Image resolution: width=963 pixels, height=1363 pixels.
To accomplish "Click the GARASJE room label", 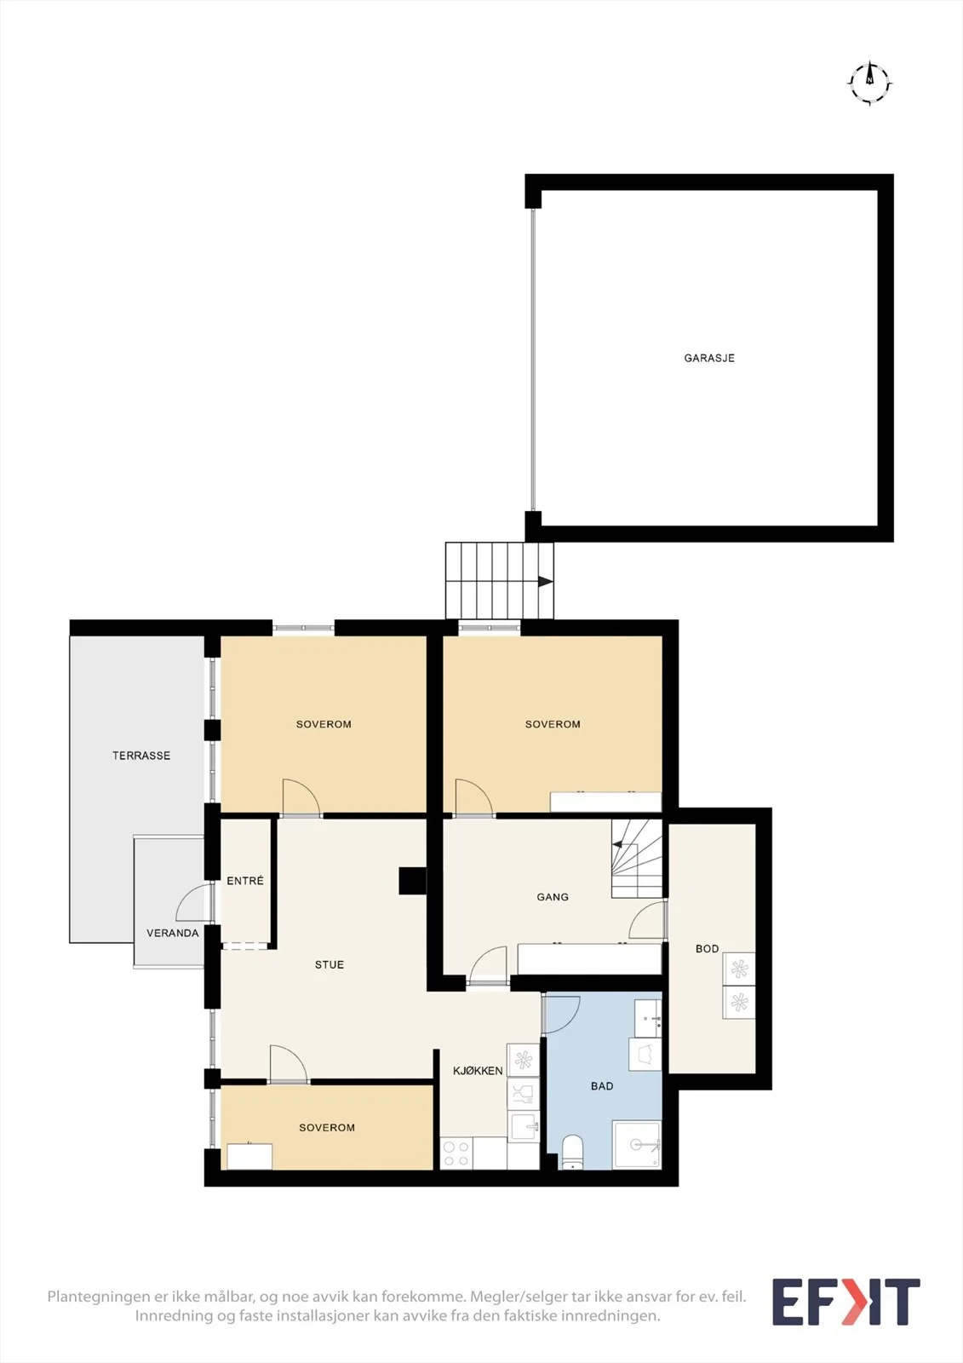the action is coord(708,358).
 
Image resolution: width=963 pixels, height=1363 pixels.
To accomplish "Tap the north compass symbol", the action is coord(870,83).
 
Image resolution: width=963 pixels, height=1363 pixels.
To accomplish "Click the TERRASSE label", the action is coord(141,755).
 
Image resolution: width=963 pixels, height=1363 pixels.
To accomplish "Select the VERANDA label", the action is coord(172,933).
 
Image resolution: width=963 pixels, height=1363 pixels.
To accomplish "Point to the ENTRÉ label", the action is coord(245,881).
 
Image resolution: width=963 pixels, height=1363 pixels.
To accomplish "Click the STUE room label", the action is coord(330,964).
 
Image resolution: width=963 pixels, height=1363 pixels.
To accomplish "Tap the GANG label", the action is coord(553,897).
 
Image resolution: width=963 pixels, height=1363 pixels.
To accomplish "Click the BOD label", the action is coord(707,949).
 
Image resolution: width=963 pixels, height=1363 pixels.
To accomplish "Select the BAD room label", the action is coord(602,1086).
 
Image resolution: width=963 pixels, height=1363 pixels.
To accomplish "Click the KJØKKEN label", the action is coord(478,1071).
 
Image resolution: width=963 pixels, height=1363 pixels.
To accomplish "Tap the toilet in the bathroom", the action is coord(572,1153).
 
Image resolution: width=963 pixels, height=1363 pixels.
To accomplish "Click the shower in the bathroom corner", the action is coord(637,1145).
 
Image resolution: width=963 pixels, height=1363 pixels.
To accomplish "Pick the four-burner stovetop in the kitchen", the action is coord(456,1153).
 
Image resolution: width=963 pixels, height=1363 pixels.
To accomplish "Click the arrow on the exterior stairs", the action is coord(545,582).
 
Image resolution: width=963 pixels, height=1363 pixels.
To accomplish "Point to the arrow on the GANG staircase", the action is coord(617,844).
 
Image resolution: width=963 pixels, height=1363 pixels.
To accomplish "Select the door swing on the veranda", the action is coord(193,902).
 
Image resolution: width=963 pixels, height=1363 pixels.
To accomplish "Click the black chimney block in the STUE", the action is coord(412,881).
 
